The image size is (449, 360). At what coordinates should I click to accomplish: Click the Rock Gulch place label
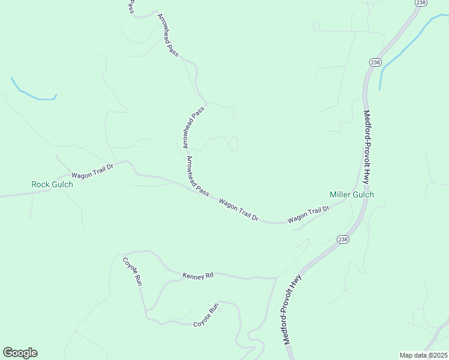click(52, 184)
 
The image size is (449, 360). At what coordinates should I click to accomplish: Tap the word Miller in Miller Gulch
click(340, 194)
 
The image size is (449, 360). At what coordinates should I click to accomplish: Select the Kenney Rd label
click(198, 276)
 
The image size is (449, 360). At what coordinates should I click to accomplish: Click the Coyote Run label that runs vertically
click(132, 271)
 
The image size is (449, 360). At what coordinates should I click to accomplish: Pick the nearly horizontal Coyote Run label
click(206, 316)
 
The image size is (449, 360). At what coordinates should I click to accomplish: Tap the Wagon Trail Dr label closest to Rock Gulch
click(92, 171)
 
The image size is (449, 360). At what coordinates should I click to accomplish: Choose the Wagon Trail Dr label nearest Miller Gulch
click(309, 214)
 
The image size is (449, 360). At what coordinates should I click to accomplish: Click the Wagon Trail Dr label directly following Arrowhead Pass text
click(238, 210)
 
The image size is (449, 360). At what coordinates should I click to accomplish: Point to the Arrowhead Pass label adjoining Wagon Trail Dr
click(197, 176)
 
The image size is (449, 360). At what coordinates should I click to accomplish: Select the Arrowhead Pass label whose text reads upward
click(194, 127)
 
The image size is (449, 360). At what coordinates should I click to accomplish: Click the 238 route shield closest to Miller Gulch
click(343, 239)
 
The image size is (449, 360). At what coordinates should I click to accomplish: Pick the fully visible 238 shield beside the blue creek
click(375, 62)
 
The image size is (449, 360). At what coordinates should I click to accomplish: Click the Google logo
click(20, 353)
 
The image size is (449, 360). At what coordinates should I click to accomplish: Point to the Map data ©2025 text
click(423, 355)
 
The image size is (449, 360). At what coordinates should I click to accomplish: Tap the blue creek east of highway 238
click(408, 43)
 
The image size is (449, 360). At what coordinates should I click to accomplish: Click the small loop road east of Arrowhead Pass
click(234, 144)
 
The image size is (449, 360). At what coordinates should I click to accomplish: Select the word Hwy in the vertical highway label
click(367, 176)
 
